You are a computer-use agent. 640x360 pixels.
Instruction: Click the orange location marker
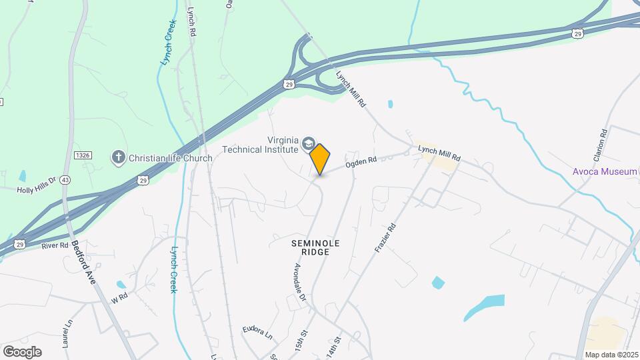pyautogui.click(x=320, y=159)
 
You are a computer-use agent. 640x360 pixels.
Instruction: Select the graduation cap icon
pyautogui.click(x=308, y=143)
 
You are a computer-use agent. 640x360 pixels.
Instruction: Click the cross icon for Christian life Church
pyautogui.click(x=119, y=157)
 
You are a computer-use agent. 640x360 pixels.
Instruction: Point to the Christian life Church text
pyautogui.click(x=170, y=158)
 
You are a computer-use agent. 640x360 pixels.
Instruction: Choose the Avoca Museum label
pyautogui.click(x=605, y=171)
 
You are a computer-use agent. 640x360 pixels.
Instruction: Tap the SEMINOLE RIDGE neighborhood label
pyautogui.click(x=311, y=248)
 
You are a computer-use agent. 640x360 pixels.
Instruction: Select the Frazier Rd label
pyautogui.click(x=385, y=237)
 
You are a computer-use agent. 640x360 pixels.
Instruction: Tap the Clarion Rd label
pyautogui.click(x=603, y=143)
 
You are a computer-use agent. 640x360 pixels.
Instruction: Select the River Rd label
pyautogui.click(x=55, y=246)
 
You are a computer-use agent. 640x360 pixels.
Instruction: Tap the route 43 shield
pyautogui.click(x=65, y=180)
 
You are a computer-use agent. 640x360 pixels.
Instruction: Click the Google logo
pyautogui.click(x=22, y=351)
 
